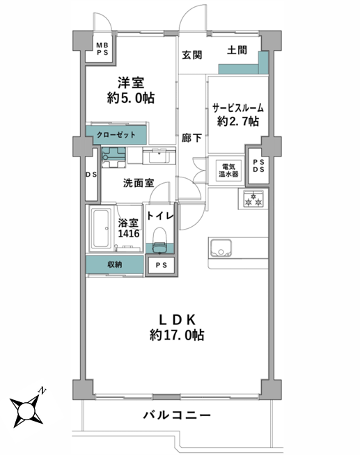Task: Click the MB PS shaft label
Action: [x=102, y=49]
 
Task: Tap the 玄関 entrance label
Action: [x=192, y=55]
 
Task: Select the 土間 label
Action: [x=237, y=50]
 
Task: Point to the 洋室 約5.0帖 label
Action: [x=131, y=90]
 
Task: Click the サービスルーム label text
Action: [x=237, y=108]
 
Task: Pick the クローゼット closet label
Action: [x=116, y=135]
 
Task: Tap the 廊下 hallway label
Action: [x=191, y=138]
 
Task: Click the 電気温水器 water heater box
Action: [x=228, y=170]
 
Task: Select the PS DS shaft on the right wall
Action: [x=258, y=166]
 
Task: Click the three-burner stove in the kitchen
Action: [x=251, y=200]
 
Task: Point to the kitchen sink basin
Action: [x=221, y=248]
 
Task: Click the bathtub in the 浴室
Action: [x=101, y=228]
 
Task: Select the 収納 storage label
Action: [x=115, y=264]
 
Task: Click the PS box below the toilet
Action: [x=161, y=265]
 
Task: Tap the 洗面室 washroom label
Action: [x=139, y=183]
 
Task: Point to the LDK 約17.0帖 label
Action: [x=177, y=327]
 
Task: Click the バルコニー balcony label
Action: [x=177, y=415]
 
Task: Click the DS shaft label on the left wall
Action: [x=91, y=175]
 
